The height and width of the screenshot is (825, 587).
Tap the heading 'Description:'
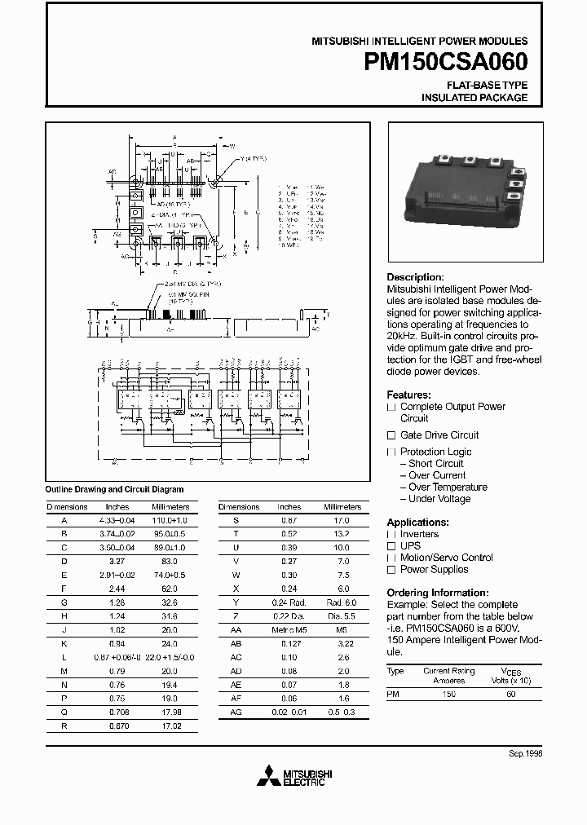click(415, 277)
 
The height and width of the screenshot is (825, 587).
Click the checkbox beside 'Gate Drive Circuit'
click(391, 435)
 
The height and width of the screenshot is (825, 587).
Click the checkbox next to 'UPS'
click(391, 546)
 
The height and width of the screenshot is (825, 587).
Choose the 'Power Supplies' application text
click(434, 570)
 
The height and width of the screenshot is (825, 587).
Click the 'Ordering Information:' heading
click(437, 593)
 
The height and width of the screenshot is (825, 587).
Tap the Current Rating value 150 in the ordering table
click(448, 693)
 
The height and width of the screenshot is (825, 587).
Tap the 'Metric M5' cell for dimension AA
click(289, 631)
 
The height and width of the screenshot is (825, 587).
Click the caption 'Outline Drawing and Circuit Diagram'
click(113, 489)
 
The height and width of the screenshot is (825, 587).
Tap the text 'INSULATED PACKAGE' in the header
click(474, 98)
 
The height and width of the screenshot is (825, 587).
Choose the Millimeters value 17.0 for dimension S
click(341, 520)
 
